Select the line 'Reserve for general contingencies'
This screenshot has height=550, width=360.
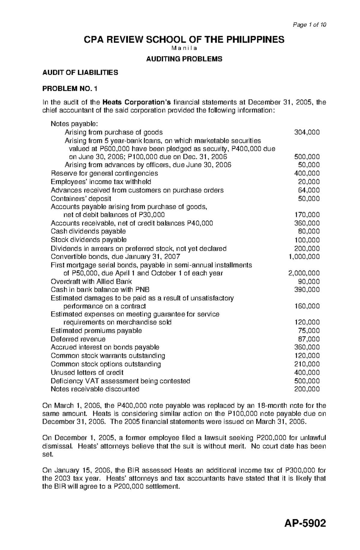pos(104,173)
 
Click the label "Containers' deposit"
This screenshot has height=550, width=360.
pos(81,198)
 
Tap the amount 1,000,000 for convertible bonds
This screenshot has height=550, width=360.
pos(304,257)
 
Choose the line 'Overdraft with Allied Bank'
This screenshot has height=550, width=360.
pos(91,281)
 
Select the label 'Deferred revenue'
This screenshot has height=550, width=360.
pos(78,339)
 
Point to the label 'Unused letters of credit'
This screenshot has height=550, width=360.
pos(87,373)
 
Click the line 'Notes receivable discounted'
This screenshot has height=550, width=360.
pos(95,389)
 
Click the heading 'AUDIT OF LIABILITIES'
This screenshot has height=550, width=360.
pos(80,73)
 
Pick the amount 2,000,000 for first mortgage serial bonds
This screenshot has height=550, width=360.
pos(304,273)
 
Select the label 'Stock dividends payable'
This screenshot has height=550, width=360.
pos(88,240)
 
